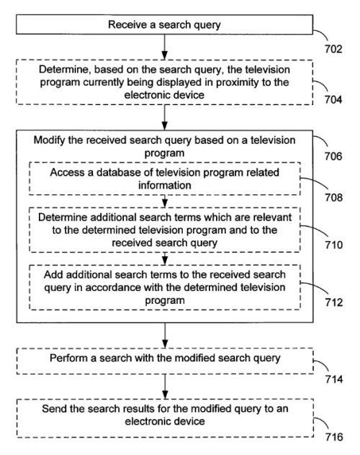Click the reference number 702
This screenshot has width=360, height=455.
click(x=333, y=49)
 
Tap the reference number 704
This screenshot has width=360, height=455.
click(x=333, y=99)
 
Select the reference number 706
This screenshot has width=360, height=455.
click(x=333, y=156)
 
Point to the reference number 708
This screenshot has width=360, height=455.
click(x=333, y=197)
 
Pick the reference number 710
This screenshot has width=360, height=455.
click(x=333, y=245)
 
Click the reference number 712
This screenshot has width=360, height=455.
click(x=334, y=302)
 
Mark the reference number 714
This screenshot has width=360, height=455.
click(x=334, y=379)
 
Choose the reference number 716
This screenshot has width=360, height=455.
click(x=334, y=437)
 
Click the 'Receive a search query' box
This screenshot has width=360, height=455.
click(x=164, y=24)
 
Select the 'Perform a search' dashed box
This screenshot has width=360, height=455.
click(x=165, y=361)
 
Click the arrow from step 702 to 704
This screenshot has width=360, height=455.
click(x=164, y=47)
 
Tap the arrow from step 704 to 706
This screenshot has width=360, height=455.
click(x=164, y=117)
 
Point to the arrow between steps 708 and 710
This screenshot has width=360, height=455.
click(x=165, y=201)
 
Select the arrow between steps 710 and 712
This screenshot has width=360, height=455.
click(x=165, y=258)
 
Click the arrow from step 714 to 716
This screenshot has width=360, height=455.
click(x=165, y=386)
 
